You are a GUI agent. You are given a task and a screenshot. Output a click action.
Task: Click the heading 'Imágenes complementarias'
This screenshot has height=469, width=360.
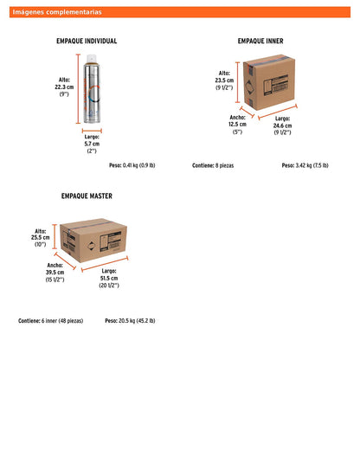coord(57,12)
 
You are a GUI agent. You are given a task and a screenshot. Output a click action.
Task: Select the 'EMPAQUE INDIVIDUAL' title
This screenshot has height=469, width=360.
coord(87,41)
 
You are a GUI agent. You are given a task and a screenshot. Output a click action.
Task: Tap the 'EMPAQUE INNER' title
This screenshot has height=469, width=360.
coord(260,41)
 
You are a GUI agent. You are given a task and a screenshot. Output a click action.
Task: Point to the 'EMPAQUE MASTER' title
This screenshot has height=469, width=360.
coord(87,196)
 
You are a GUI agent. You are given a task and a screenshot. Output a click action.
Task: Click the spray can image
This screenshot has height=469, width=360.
coord(92,88)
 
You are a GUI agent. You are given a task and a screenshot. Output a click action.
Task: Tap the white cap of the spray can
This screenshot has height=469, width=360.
coord(91,58)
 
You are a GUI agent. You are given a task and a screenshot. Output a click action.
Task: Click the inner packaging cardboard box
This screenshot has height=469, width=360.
coord(269,82)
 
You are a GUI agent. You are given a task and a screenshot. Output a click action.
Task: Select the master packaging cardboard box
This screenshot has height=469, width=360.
coord(93,241)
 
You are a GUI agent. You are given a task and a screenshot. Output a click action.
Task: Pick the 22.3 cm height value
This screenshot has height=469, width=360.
coord(64,87)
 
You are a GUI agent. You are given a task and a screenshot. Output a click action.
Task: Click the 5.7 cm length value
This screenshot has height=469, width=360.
coord(92,144)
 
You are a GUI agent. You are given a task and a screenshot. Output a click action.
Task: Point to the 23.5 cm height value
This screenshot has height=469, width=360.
coord(224,80)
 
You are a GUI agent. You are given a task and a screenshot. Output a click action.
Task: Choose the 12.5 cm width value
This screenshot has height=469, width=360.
coord(238,124)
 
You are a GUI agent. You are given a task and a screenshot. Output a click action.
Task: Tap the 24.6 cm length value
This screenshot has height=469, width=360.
coord(282,125)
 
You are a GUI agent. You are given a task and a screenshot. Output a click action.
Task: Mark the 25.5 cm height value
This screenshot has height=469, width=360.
coord(41,237)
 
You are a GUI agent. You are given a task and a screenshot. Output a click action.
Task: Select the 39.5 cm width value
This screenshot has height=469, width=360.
coord(55,273)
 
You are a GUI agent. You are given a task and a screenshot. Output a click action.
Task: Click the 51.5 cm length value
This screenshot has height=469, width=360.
coord(109,278)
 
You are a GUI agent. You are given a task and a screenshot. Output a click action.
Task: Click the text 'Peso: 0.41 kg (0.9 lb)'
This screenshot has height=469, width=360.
coord(132,165)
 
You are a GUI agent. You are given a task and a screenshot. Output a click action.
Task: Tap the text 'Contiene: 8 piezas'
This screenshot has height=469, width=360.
coord(213,165)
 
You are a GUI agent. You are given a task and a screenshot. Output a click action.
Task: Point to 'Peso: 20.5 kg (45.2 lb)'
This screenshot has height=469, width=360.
coord(130,321)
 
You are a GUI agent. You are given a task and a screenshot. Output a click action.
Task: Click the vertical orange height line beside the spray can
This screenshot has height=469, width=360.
coord(78,88)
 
